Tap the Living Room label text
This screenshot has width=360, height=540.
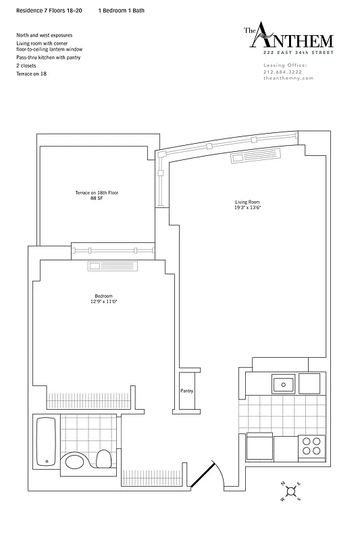pos(247,202)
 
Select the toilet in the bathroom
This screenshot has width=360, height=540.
pos(104,459)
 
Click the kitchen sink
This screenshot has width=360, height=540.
pos(283,384)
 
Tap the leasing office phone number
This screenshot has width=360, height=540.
pos(284,72)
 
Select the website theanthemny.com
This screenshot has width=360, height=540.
pos(288,78)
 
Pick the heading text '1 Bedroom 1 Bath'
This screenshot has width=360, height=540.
pos(121,11)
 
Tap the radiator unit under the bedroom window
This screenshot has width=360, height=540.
pos(111,267)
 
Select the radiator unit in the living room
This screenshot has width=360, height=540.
pos(249,158)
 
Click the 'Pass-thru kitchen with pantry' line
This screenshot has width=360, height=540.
pos(49,58)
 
